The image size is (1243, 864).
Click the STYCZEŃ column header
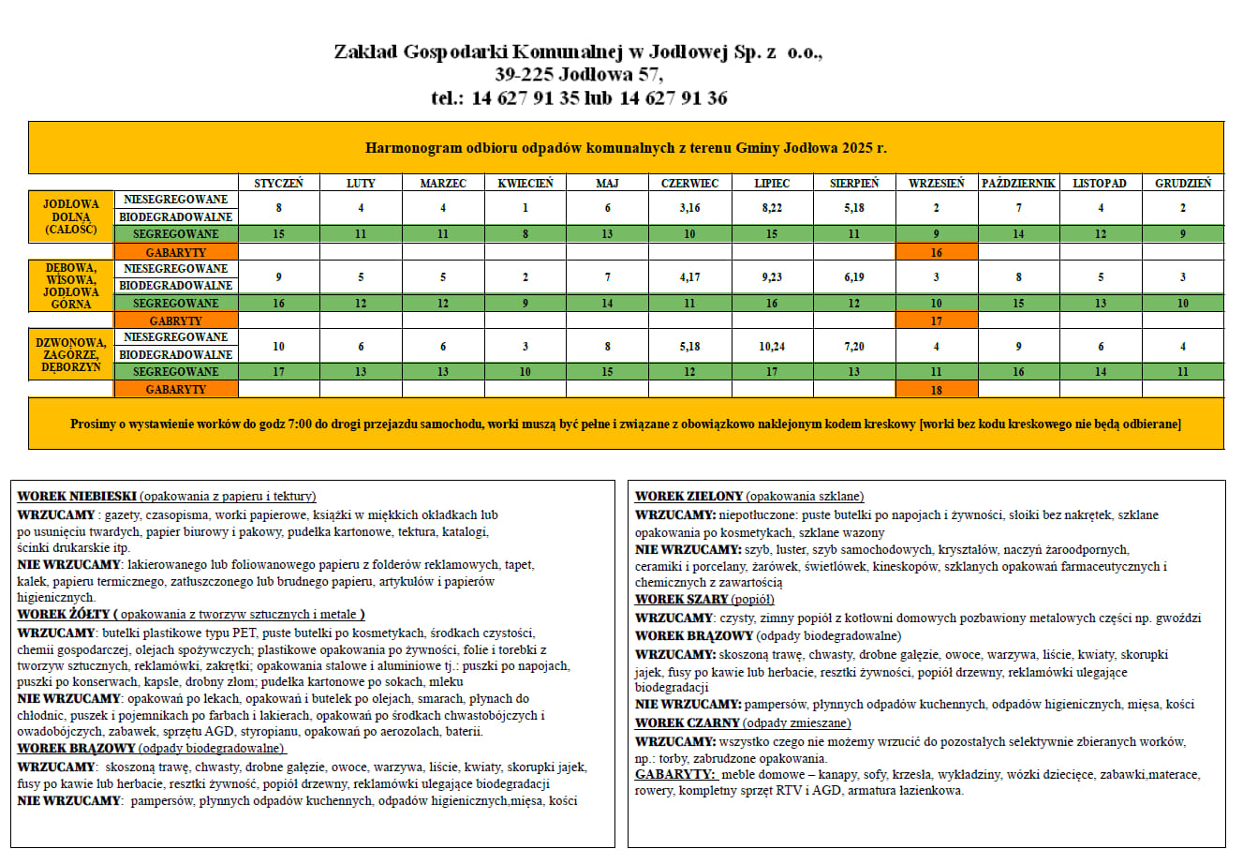click(278, 184)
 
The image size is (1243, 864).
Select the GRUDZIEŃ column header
click(1182, 184)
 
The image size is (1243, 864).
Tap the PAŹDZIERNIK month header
click(1018, 184)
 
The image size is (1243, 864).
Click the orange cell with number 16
click(936, 252)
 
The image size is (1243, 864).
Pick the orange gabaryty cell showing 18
click(936, 390)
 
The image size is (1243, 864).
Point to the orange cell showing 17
click(936, 320)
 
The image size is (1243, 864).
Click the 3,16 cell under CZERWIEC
click(689, 208)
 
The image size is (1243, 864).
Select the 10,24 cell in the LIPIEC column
click(772, 346)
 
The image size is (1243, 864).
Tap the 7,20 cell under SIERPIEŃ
click(853, 346)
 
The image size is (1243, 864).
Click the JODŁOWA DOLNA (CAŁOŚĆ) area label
click(71, 216)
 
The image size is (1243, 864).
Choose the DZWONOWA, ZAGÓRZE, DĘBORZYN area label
click(71, 355)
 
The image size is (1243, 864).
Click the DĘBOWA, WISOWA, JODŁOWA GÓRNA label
click(71, 286)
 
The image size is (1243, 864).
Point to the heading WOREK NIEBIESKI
click(78, 497)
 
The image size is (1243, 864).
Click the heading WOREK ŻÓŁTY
click(64, 615)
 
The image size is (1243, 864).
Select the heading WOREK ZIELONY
click(688, 497)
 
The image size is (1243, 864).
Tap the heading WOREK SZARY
click(681, 600)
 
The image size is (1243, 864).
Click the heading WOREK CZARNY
click(687, 723)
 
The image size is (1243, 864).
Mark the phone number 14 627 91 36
click(673, 98)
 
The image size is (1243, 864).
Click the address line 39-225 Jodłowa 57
click(578, 75)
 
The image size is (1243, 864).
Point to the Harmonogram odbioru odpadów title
click(626, 148)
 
